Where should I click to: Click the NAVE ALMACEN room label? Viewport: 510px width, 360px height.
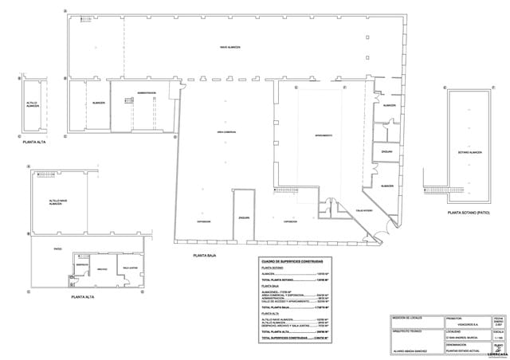click(231, 49)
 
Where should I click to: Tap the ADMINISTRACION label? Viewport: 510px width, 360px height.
click(146, 93)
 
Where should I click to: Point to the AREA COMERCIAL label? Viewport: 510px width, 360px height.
click(226, 131)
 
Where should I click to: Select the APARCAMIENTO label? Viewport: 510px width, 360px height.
click(323, 135)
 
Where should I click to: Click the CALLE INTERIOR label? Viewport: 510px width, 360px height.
click(354, 210)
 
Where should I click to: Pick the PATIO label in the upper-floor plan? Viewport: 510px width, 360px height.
click(57, 248)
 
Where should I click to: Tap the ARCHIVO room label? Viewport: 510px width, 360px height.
click(102, 268)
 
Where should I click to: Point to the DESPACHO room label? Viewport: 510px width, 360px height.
click(80, 264)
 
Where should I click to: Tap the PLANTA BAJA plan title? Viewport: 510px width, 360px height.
click(206, 256)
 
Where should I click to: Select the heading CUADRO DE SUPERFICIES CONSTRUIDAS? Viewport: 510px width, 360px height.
click(292, 260)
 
